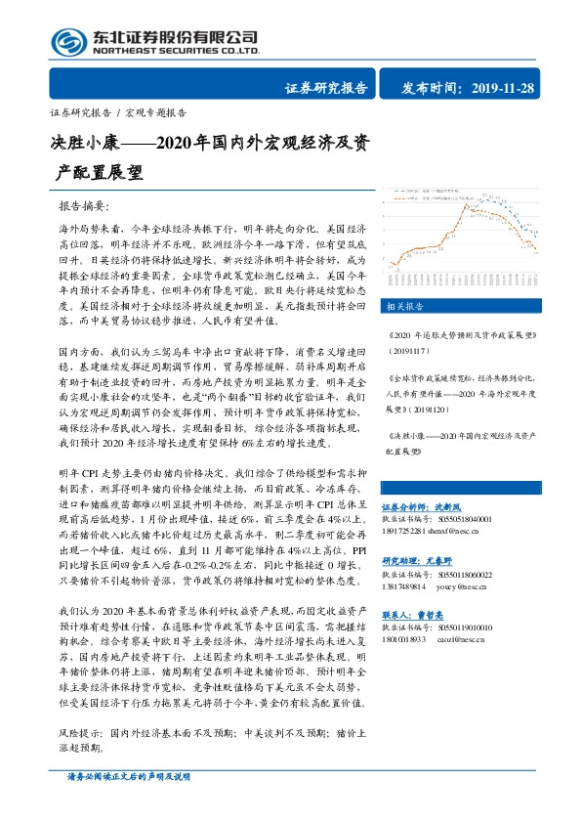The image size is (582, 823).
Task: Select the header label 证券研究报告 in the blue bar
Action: (326, 89)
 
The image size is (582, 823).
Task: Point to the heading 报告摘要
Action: (86, 208)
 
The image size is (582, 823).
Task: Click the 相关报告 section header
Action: (405, 305)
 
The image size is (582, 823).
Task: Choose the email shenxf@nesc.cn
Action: (456, 532)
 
